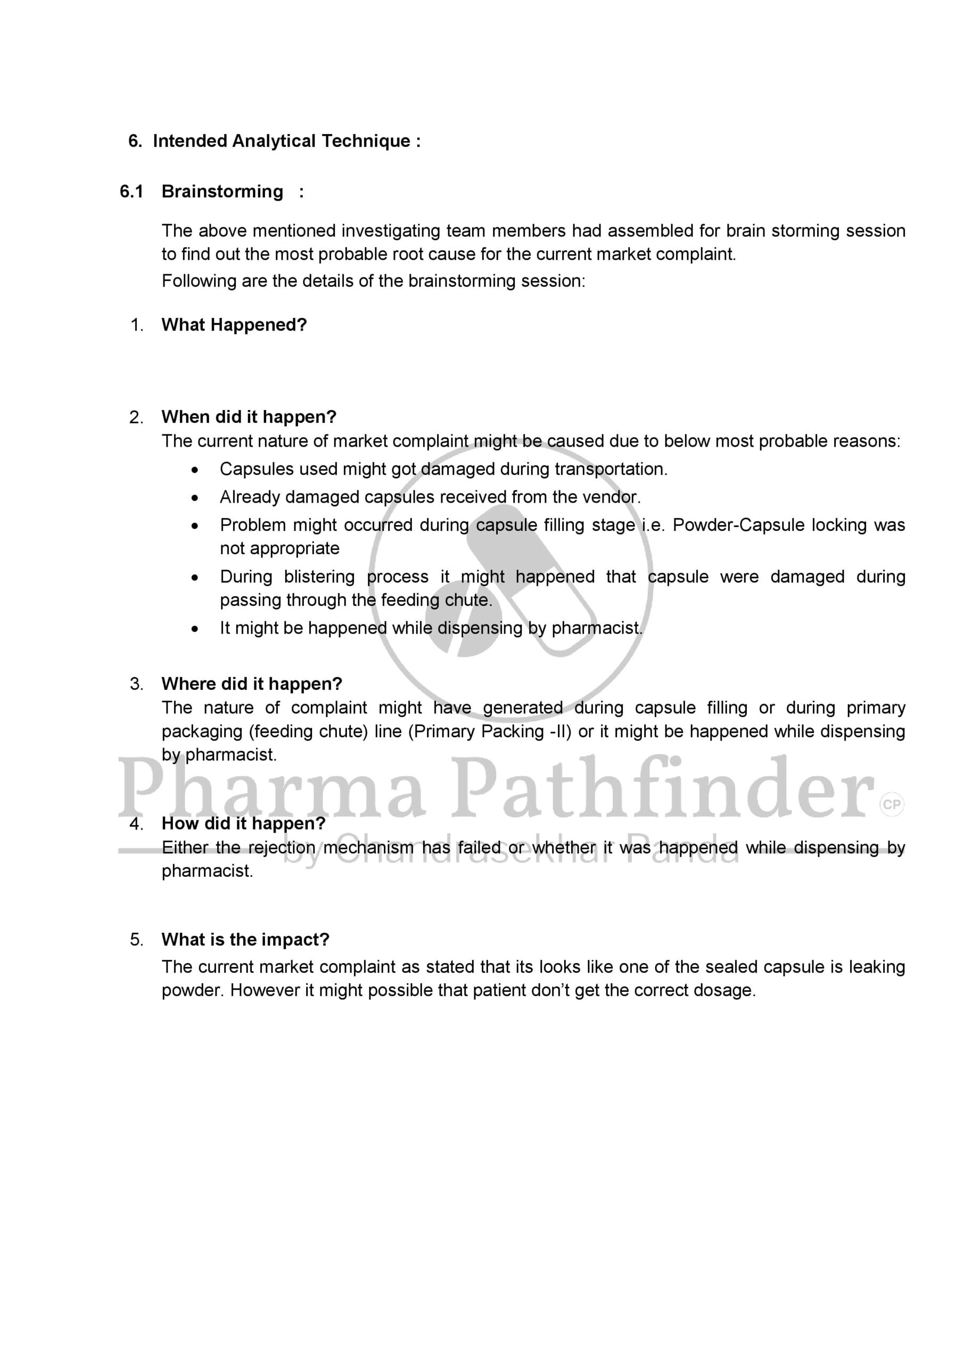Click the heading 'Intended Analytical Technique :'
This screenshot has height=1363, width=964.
tap(287, 141)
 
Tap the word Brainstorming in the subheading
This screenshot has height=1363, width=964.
tap(222, 192)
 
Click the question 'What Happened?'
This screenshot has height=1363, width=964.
tap(234, 325)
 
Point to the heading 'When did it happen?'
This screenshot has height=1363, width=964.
tap(249, 417)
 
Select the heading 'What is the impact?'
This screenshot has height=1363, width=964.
tap(245, 940)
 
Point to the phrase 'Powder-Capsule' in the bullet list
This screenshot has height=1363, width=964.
tap(738, 526)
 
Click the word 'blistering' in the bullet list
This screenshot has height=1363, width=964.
tap(319, 577)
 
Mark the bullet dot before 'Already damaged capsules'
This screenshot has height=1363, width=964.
tap(195, 498)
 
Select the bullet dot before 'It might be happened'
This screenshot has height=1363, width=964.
tap(195, 629)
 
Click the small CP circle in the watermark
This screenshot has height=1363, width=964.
tap(892, 805)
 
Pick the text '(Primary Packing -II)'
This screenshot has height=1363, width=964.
tap(490, 732)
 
